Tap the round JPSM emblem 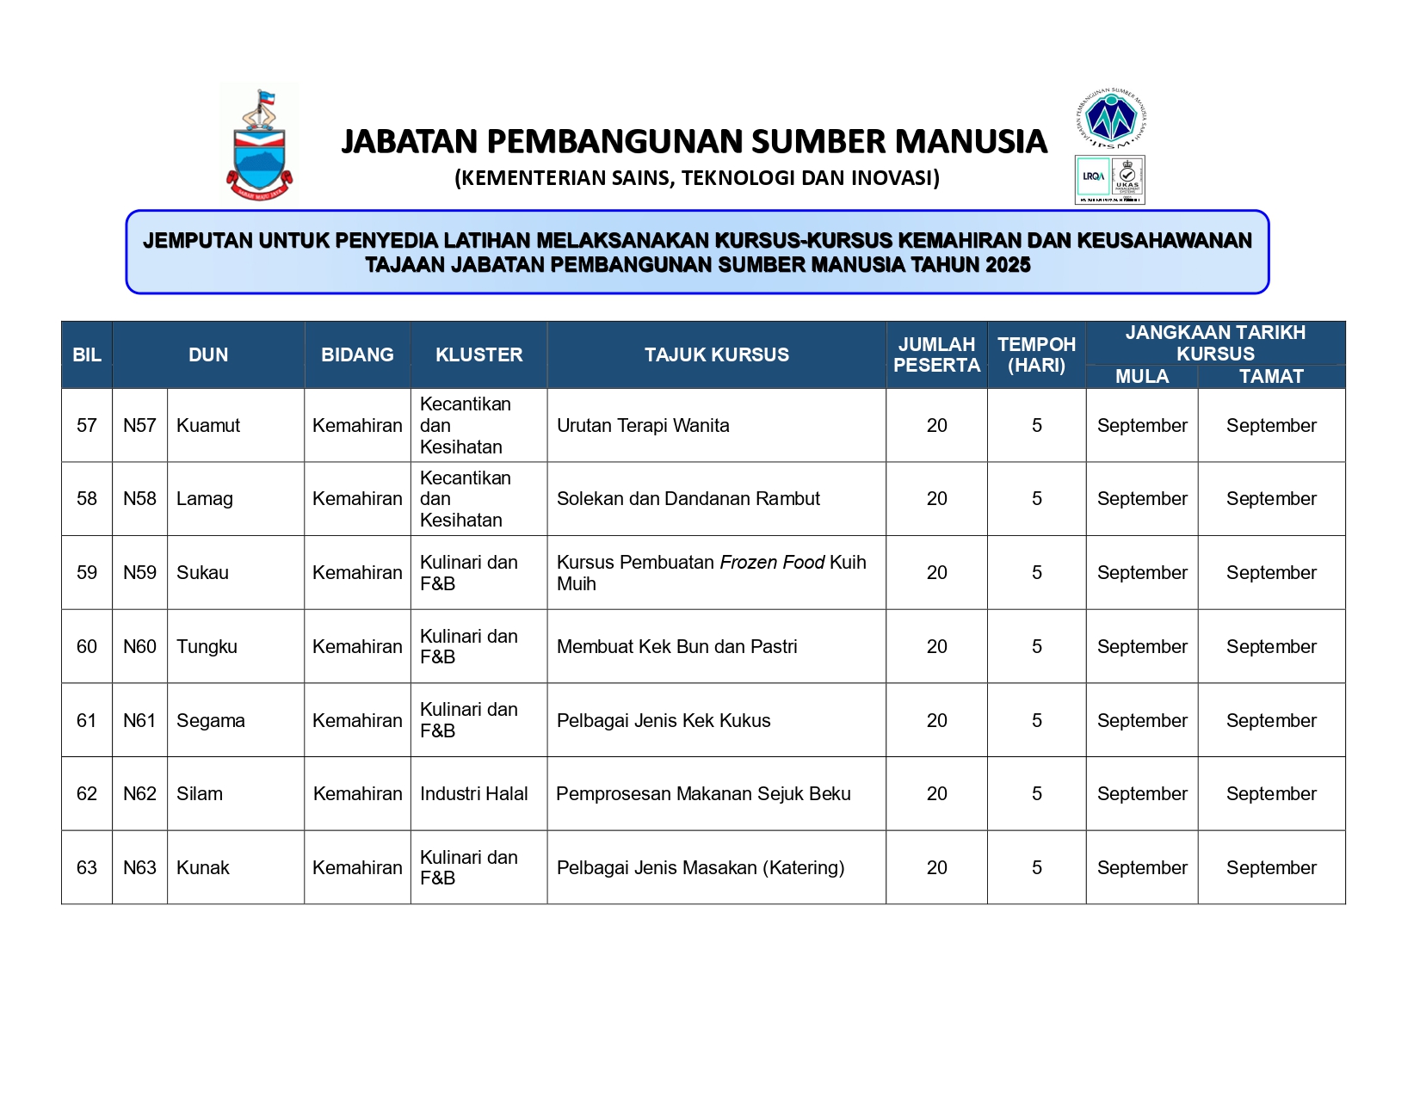[1111, 118]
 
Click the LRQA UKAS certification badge [1109, 180]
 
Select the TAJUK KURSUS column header [716, 354]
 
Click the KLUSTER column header [478, 354]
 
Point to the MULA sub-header [1141, 377]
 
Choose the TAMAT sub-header [1270, 377]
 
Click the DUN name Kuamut [208, 425]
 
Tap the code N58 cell [139, 499]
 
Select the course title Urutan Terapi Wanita [643, 425]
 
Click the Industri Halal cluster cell [473, 794]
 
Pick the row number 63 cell [87, 867]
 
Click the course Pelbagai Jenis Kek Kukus [664, 720]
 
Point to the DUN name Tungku [207, 646]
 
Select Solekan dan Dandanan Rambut [688, 499]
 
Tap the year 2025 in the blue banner [1008, 265]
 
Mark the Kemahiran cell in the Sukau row [357, 573]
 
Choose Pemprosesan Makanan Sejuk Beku [703, 794]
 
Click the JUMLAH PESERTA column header [936, 354]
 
